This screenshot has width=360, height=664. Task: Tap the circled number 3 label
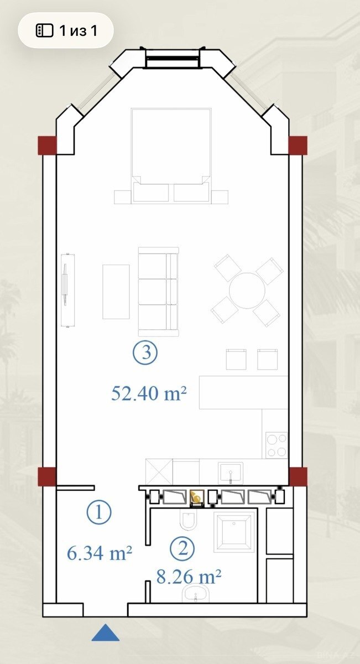[145, 353]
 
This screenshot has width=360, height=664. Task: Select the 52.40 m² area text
[149, 393]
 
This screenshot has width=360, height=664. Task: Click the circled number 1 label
[99, 512]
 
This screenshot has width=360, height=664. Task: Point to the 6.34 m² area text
[99, 553]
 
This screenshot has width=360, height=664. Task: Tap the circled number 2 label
[182, 548]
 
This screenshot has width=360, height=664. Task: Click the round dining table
[247, 290]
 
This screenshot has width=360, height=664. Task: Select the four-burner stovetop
[276, 445]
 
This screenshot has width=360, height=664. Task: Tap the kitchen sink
[231, 473]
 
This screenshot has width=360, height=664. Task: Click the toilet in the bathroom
[188, 520]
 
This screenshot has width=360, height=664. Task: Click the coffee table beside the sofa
[116, 292]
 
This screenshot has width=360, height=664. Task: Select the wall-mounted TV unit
[68, 290]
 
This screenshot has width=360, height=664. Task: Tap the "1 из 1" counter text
[78, 30]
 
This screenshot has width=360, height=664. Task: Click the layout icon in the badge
[44, 30]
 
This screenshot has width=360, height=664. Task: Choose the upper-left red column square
[47, 145]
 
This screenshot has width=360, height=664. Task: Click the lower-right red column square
[298, 476]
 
